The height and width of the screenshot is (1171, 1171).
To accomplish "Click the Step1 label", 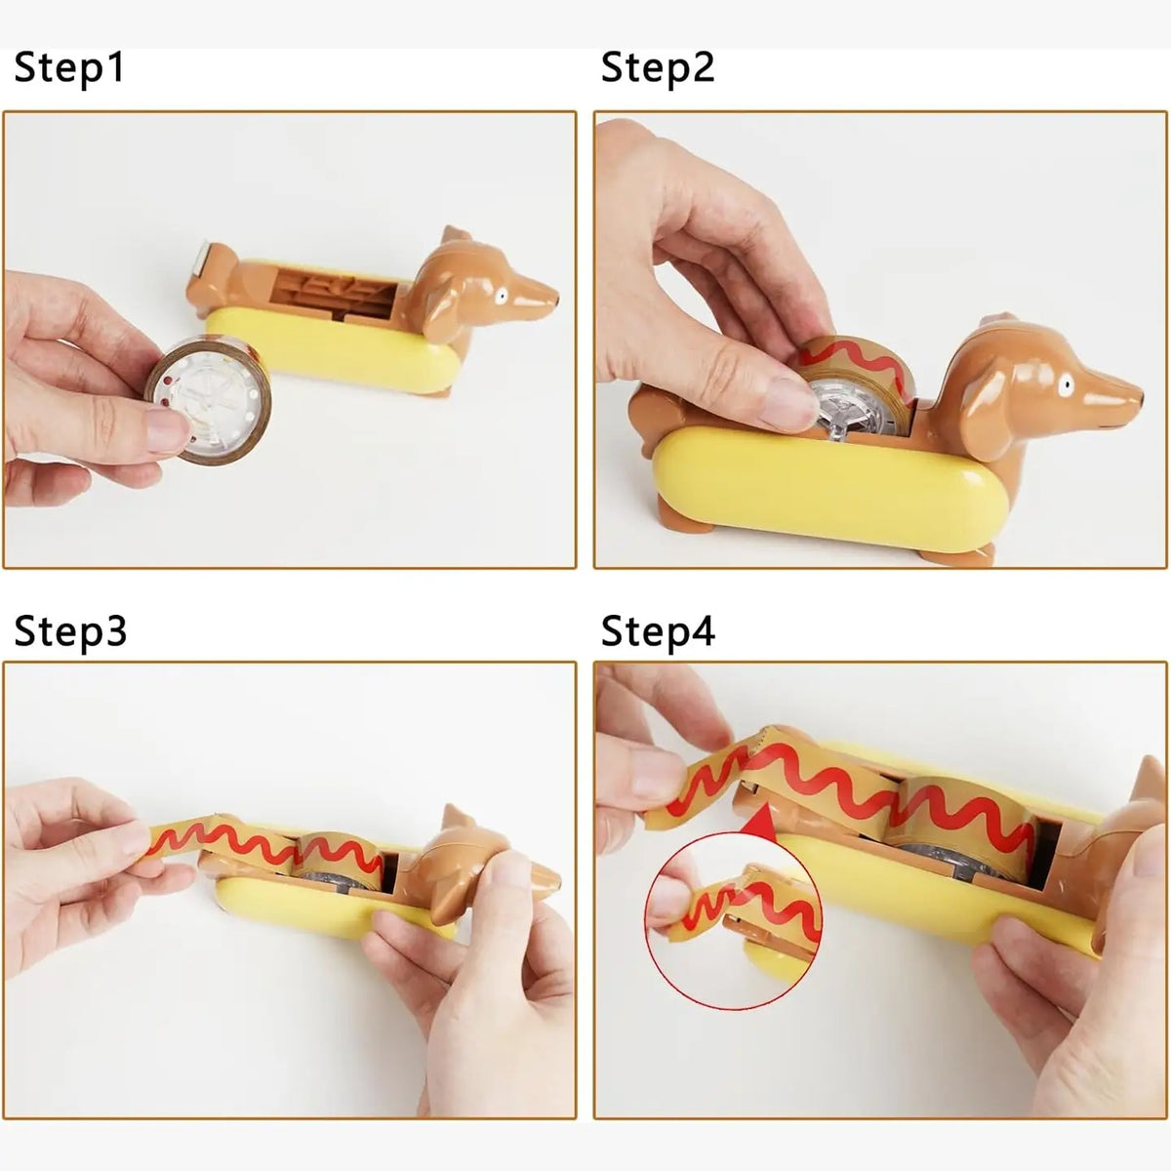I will tap(69, 68).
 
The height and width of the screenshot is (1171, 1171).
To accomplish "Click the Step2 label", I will tap(658, 68).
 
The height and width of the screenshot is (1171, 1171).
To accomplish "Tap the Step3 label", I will tap(70, 631).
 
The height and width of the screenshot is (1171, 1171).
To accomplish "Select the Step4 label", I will tap(658, 631).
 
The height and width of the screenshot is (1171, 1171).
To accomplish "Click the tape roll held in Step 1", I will tap(201, 399).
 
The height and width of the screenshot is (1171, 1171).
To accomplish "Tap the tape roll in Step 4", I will tap(961, 829).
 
